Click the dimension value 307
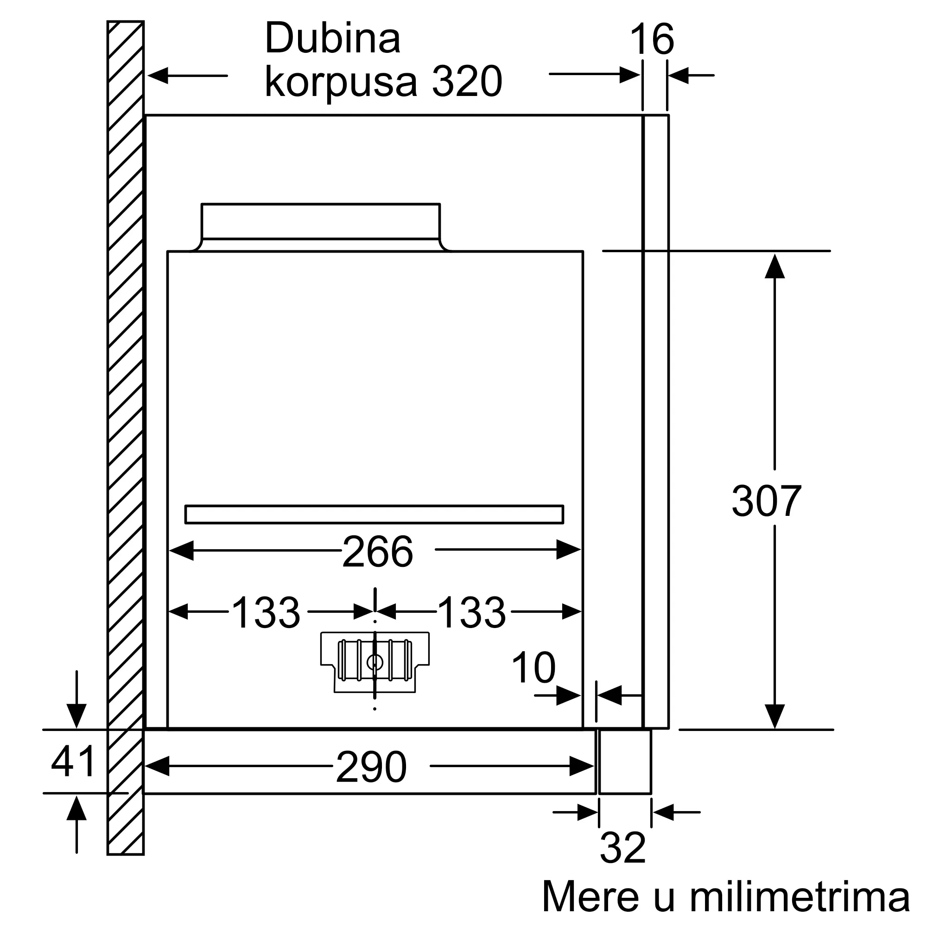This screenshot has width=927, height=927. tap(766, 501)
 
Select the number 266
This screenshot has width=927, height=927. tap(378, 552)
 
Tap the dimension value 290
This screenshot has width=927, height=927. tap(371, 767)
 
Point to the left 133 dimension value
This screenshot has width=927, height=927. tap(266, 612)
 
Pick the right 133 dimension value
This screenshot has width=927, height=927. tap(472, 612)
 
